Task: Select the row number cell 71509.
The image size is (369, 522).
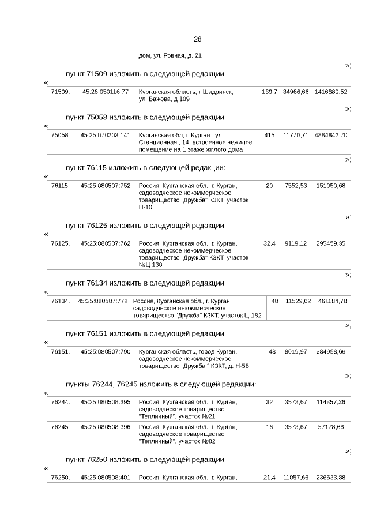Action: tap(61, 92)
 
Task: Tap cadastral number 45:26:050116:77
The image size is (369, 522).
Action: tap(106, 92)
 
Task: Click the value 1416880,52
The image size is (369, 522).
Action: tap(331, 92)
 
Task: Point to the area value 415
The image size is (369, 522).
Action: tap(269, 135)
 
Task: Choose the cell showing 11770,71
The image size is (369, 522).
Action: tap(296, 135)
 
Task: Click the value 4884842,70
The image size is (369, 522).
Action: tap(331, 135)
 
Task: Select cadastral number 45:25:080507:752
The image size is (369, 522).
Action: tap(106, 186)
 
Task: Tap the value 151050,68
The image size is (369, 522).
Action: tap(331, 186)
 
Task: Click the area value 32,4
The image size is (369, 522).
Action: tap(269, 243)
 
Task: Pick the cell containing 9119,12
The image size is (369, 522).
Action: tap(296, 243)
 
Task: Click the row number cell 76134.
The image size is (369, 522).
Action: tap(61, 301)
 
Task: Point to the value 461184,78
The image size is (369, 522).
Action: tap(332, 301)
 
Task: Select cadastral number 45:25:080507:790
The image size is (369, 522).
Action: tap(106, 351)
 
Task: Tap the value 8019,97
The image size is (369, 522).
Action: tap(296, 351)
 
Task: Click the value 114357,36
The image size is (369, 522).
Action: tap(331, 402)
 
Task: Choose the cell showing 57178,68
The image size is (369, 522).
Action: tap(331, 427)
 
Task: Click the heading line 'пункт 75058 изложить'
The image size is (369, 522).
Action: tap(145, 118)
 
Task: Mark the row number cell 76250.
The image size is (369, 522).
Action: tap(61, 478)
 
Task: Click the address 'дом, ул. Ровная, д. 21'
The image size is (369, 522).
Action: tap(170, 56)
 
